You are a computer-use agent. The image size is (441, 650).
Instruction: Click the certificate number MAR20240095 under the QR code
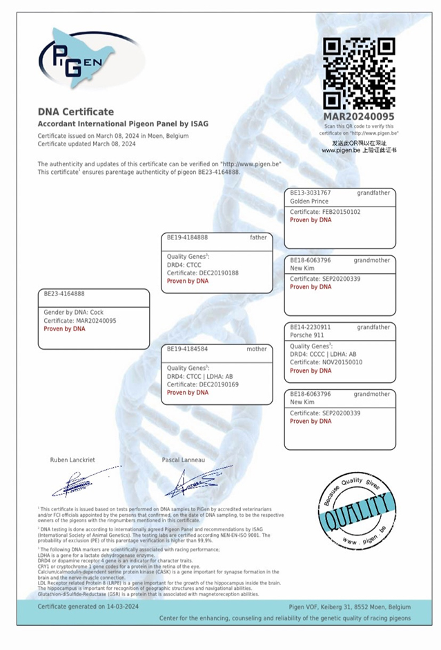(360, 117)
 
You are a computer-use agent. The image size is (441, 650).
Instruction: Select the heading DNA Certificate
(76, 112)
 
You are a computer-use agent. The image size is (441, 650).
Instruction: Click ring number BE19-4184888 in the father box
(187, 237)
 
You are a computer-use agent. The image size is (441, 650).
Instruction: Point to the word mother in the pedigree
(257, 349)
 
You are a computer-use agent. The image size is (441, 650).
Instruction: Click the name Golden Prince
(309, 201)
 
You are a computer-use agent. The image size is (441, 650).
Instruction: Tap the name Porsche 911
(306, 336)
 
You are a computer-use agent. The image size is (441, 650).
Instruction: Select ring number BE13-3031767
(311, 193)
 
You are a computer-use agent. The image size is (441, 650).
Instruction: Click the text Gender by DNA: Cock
(74, 312)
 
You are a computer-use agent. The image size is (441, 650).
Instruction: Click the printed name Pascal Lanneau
(183, 460)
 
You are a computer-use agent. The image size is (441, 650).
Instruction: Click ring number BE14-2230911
(311, 327)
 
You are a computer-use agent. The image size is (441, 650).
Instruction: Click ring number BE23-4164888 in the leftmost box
(64, 293)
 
